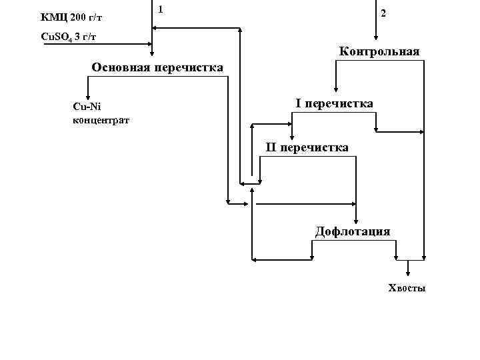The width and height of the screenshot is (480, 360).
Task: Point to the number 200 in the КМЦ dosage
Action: click(78, 16)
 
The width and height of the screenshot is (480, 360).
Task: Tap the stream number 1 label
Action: click(161, 9)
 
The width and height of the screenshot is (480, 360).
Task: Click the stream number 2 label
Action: click(382, 14)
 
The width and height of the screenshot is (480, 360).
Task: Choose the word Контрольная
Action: click(379, 51)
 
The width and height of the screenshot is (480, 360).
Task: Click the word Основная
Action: click(121, 67)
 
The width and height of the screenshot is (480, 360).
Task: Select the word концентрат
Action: click(101, 120)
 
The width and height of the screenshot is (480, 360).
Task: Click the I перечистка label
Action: click(334, 103)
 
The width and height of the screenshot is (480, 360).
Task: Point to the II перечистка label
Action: click(307, 147)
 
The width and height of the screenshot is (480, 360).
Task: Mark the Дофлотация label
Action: click(353, 231)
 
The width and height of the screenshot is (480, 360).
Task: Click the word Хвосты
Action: click(407, 288)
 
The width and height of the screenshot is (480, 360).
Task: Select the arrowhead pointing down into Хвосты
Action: click(409, 272)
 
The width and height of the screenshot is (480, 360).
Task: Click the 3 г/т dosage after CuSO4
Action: click(87, 36)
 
